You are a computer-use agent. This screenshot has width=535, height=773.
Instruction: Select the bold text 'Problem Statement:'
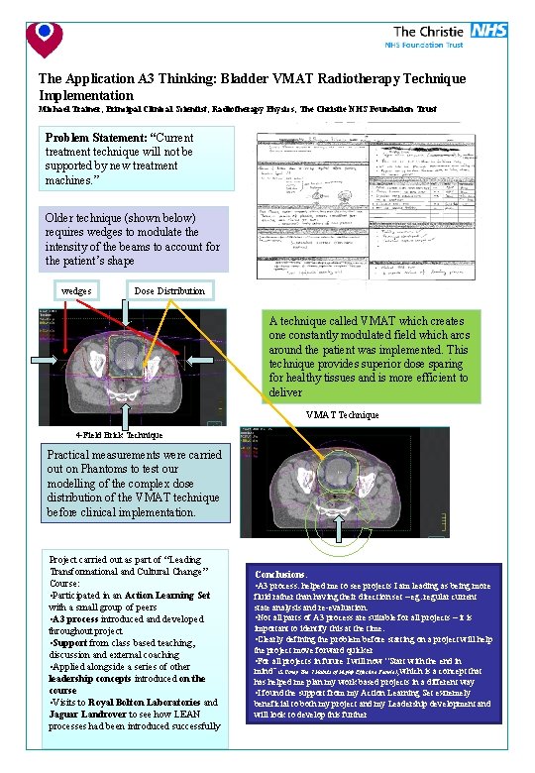(96, 137)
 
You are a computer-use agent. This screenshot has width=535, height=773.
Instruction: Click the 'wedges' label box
(76, 290)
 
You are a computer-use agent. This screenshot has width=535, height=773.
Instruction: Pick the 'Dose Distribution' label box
(169, 290)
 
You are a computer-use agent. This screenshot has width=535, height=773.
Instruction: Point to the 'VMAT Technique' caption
(342, 414)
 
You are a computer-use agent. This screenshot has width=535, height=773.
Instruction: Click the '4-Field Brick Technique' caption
(118, 435)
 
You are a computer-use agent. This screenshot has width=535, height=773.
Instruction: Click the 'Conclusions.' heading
(280, 574)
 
